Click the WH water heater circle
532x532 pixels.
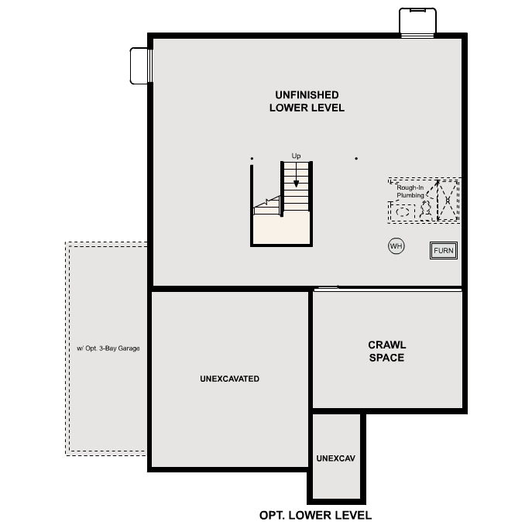pos(396,246)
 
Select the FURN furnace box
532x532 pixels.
pos(444,251)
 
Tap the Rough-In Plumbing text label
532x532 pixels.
pos(410,191)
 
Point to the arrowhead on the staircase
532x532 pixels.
pos(296,184)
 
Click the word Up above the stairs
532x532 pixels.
pos(296,156)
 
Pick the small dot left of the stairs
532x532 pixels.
pos(252,159)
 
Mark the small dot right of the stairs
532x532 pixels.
pos(356,159)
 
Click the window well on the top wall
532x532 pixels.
pos(417,22)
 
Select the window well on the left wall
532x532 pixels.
pos(141,65)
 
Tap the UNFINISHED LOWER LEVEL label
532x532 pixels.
pos(307,101)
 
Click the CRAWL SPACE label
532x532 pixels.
pos(386,352)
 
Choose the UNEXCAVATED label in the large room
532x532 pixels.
pos(229,379)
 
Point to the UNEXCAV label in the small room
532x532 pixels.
pos(335,458)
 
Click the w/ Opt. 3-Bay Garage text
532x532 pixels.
pos(108,348)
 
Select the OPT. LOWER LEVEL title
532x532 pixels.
pos(315,515)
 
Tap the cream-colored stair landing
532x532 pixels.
pos(281,229)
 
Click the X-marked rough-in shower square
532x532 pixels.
pos(448,200)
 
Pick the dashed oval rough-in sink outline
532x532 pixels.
pos(403,211)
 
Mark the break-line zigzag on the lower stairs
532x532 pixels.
pos(267,203)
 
